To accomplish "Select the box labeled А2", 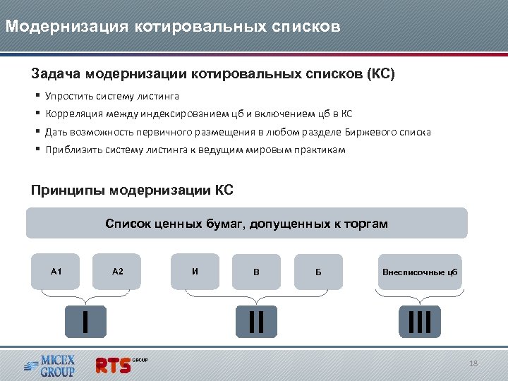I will tap(118, 272).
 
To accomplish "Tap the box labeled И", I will tap(195, 272).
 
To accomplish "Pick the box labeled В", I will tap(256, 272).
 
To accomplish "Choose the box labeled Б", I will tap(318, 272).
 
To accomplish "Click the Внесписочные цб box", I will tap(420, 272).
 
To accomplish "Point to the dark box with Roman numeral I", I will tap(85, 321).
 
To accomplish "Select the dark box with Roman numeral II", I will tap(256, 321).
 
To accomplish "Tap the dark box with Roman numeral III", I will tap(420, 321).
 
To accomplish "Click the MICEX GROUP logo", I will tap(49, 365).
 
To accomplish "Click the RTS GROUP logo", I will tap(120, 365).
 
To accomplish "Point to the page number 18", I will tap(473, 363).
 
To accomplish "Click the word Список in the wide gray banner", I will tap(126, 224).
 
